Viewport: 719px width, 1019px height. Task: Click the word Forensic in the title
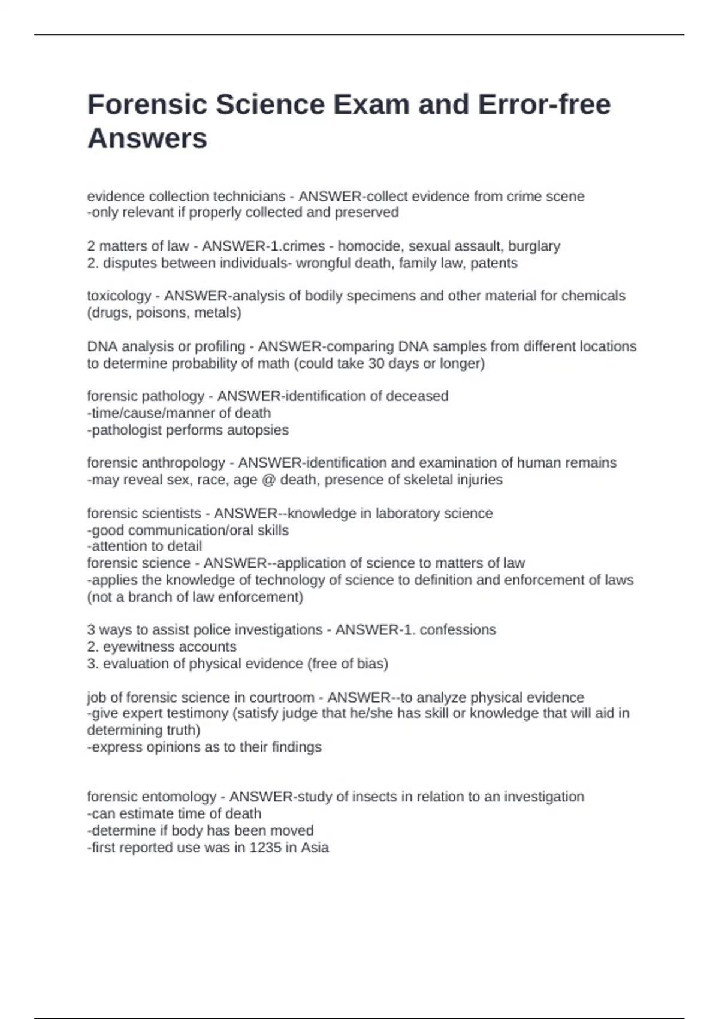pyautogui.click(x=147, y=105)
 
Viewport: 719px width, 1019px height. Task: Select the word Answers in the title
pyautogui.click(x=147, y=139)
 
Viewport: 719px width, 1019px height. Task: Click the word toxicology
pyautogui.click(x=119, y=296)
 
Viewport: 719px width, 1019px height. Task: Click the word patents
pyautogui.click(x=494, y=263)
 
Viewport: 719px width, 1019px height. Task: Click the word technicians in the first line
pyautogui.click(x=250, y=197)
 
